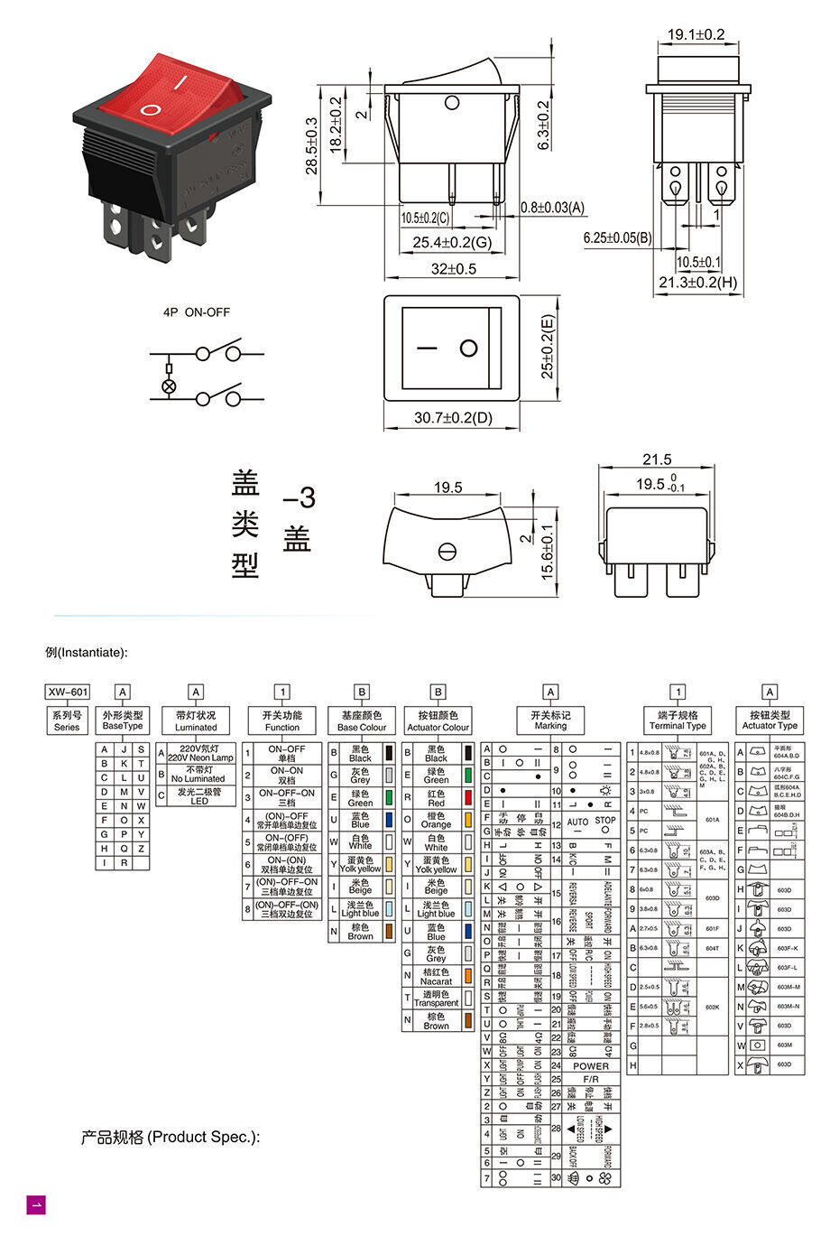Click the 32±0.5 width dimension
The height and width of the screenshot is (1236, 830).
[452, 268]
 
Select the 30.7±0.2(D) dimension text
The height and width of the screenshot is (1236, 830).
[453, 418]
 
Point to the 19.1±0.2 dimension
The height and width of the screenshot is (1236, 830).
[696, 34]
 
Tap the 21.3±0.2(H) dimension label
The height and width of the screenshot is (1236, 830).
[697, 283]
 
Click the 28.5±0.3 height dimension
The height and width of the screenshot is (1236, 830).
[312, 144]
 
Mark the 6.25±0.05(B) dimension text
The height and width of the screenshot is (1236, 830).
[617, 237]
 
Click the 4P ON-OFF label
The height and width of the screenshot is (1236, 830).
[196, 312]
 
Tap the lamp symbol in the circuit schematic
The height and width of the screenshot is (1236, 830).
[169, 386]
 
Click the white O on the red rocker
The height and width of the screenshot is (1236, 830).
[151, 111]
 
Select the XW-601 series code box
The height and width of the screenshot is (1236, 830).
[68, 692]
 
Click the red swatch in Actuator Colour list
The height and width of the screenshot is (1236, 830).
[468, 797]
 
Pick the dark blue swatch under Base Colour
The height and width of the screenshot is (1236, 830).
[389, 819]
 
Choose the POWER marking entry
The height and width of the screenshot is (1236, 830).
[591, 1066]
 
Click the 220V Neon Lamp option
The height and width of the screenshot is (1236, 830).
[199, 754]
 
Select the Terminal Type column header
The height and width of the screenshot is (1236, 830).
[678, 720]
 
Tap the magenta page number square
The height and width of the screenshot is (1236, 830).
[36, 1204]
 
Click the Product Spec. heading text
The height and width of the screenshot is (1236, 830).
[171, 1137]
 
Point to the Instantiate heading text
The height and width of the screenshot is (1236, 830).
[87, 653]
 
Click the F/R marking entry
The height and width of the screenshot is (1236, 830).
[591, 1079]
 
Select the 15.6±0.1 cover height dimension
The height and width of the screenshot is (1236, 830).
[546, 552]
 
